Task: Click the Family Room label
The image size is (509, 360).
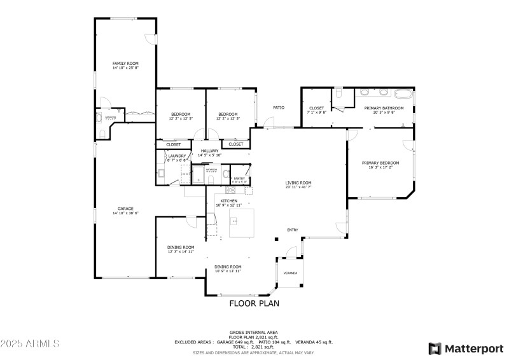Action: [x=125, y=64]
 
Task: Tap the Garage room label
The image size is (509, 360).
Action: [x=125, y=209]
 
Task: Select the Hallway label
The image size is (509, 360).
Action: [x=209, y=151]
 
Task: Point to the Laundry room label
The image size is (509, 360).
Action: [x=177, y=156]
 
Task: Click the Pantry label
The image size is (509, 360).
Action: [x=239, y=178]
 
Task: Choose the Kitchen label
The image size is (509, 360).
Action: [x=228, y=201]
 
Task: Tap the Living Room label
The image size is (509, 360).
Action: [x=298, y=183]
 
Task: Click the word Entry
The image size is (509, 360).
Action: [x=293, y=230]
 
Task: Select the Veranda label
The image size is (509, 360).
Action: [x=290, y=272]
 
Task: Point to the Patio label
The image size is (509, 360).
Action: [x=279, y=107]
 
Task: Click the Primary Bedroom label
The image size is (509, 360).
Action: [x=380, y=163]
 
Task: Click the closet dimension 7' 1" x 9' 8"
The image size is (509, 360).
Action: [x=317, y=113]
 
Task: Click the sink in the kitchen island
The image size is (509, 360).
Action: [x=234, y=221]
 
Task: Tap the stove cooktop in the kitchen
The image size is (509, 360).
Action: [x=230, y=190]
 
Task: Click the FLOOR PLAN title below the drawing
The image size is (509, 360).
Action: [x=254, y=303]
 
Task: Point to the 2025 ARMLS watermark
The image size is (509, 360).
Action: [x=30, y=343]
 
